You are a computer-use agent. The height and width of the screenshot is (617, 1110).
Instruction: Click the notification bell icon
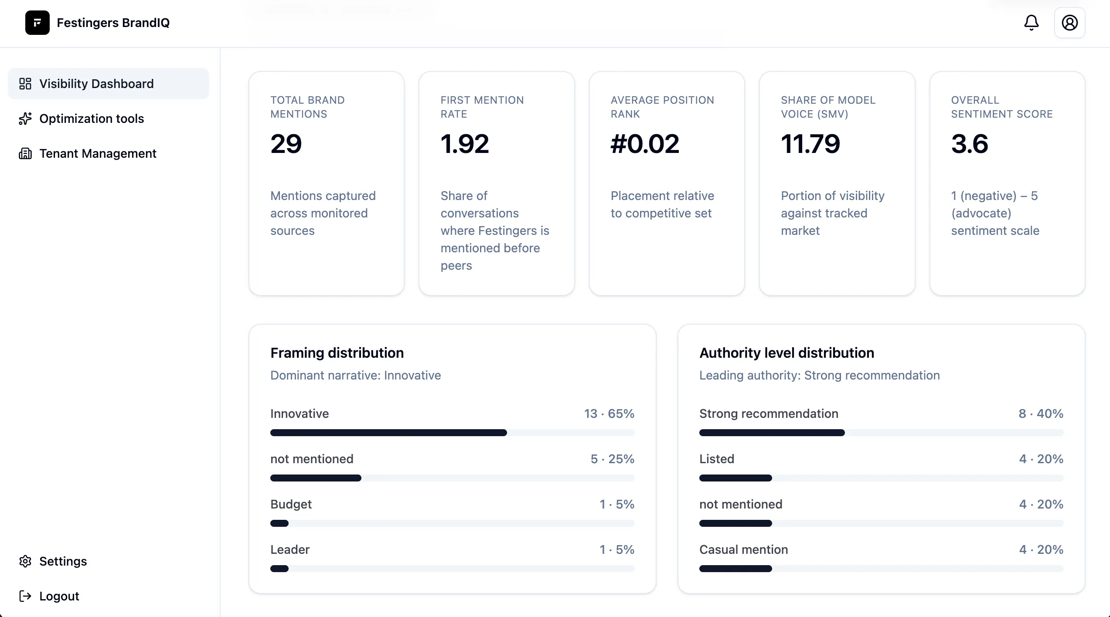[x=1031, y=23]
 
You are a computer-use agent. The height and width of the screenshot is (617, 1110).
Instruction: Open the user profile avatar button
[x=1069, y=23]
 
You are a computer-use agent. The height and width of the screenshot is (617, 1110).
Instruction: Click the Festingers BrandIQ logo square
[x=37, y=23]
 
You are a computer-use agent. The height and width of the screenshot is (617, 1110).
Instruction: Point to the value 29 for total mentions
[x=286, y=144]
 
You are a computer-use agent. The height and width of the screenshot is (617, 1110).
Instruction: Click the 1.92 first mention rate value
[x=465, y=144]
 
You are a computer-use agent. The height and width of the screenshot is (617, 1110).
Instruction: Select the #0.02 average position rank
[x=645, y=144]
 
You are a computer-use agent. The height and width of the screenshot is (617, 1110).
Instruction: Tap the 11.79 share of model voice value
[x=810, y=144]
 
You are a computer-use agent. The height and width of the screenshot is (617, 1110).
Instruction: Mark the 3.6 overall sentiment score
[x=970, y=144]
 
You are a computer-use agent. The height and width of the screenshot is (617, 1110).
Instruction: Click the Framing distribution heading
[x=337, y=353]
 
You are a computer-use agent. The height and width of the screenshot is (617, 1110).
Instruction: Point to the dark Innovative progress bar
[x=388, y=433]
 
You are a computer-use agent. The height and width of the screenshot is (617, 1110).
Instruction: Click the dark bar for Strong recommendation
[x=772, y=433]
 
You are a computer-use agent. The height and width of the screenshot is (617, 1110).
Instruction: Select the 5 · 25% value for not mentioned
[x=612, y=459]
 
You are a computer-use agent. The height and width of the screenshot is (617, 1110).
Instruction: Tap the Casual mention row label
[x=743, y=549]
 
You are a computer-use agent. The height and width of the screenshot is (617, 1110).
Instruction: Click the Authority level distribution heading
[x=787, y=353]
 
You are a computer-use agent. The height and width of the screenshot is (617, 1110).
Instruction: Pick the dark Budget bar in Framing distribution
[x=279, y=523]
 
